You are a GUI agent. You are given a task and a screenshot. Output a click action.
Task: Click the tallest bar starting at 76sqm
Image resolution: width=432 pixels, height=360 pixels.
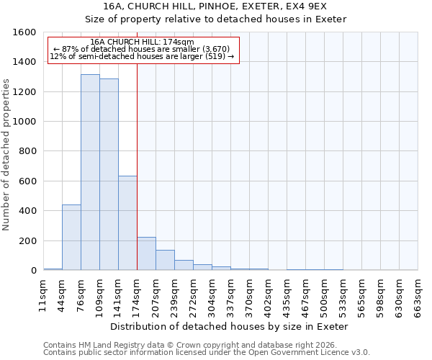[x=90, y=173]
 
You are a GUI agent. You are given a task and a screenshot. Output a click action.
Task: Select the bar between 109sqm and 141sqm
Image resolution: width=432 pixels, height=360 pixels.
[x=109, y=175]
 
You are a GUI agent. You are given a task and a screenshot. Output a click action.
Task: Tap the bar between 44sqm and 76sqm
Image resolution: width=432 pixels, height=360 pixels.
[x=71, y=238]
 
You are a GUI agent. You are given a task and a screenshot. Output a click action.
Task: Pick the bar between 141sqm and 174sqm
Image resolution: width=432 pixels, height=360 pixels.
[x=127, y=223]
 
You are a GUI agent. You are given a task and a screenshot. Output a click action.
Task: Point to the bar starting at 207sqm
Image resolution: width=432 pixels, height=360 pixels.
[x=165, y=260]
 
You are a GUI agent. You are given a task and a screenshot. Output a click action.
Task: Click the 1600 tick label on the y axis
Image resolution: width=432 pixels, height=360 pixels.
[x=24, y=32]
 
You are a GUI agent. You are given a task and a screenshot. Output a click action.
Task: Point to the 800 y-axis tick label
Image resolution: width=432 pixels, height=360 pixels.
[x=27, y=151]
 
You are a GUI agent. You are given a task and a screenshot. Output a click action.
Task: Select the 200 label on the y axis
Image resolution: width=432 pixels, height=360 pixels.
[x=27, y=240]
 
